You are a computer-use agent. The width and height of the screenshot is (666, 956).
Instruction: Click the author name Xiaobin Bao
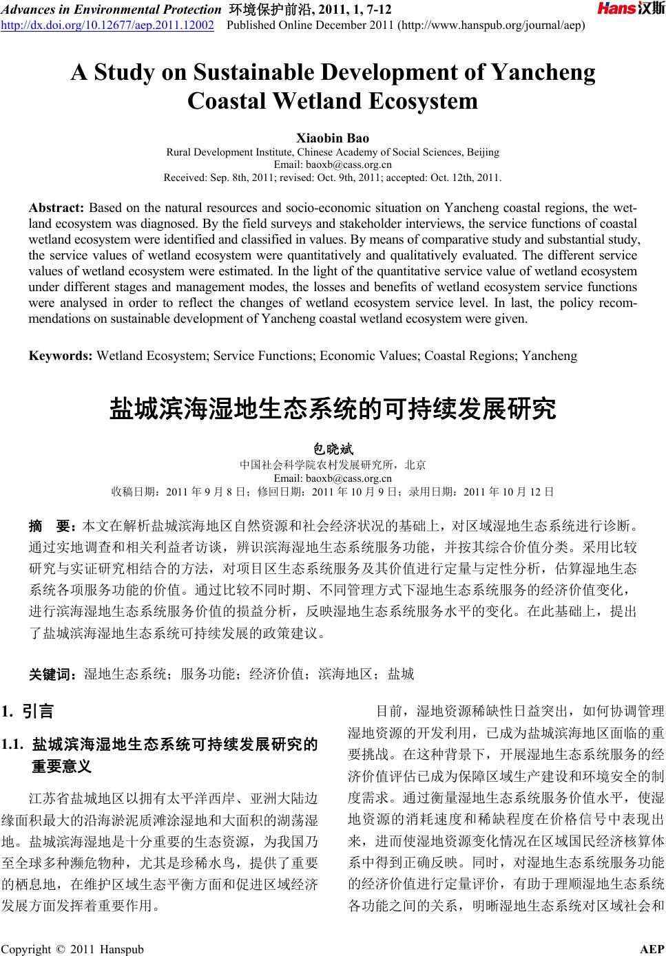[x=333, y=138]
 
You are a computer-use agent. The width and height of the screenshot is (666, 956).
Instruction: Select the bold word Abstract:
[x=56, y=208]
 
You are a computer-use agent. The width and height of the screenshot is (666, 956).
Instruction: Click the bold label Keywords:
[x=61, y=356]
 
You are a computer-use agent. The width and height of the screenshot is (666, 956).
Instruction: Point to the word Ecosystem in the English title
[x=423, y=102]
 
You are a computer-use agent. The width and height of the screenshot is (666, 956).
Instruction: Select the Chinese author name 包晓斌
[x=333, y=450]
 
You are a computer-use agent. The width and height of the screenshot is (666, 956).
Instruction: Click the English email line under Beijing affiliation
[x=333, y=164]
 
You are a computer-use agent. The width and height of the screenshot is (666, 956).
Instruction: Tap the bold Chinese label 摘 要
[x=52, y=527]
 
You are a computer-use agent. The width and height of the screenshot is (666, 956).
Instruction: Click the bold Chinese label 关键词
[x=52, y=674]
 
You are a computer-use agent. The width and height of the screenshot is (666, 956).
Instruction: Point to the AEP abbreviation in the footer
[x=652, y=949]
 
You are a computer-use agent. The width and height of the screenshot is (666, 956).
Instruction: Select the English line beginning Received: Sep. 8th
[x=333, y=177]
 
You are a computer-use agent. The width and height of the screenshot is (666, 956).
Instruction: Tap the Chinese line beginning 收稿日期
[x=333, y=491]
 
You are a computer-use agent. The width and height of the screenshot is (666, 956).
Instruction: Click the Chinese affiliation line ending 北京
[x=333, y=465]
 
